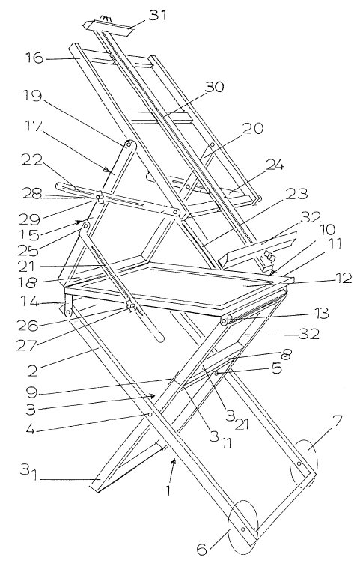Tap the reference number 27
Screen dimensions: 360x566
pos(26,345)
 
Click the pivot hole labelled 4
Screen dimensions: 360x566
pos(149,415)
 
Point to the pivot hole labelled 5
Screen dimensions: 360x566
pos(216,374)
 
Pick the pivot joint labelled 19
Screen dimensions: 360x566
pos(129,145)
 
